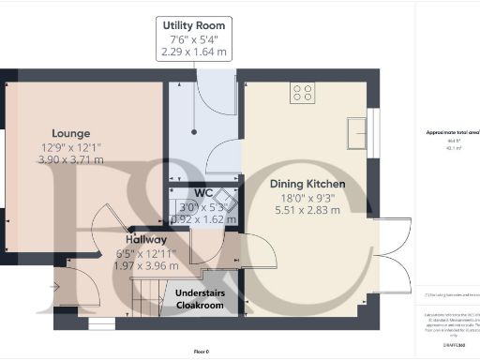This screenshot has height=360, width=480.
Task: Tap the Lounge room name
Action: coord(70,134)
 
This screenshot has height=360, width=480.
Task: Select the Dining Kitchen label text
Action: coord(307,184)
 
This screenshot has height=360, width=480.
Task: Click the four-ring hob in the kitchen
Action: coord(303,92)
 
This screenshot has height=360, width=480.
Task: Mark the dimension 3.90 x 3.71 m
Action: coord(70,160)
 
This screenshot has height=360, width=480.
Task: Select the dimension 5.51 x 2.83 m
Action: coord(307,210)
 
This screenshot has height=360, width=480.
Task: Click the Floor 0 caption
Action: coord(202,351)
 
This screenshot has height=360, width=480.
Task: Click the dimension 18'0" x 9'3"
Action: coord(307,197)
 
